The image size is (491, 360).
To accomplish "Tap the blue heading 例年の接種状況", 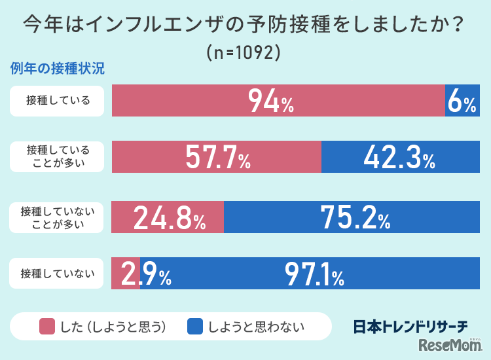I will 58,68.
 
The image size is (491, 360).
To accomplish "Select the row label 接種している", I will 57,101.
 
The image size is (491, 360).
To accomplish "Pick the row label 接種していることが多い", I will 57,156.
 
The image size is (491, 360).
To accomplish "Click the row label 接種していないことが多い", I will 57,217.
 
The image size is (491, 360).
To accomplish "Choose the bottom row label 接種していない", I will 57,273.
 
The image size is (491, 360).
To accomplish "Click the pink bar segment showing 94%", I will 278,101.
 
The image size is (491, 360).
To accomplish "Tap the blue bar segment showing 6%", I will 462,101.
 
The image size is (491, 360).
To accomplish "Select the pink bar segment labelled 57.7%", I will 217,156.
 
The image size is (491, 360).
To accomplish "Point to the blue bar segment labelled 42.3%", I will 400,156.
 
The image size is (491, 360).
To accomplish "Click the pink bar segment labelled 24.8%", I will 168,217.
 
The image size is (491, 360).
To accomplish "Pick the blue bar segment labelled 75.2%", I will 352,217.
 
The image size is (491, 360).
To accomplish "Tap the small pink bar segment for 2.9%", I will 126,273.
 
